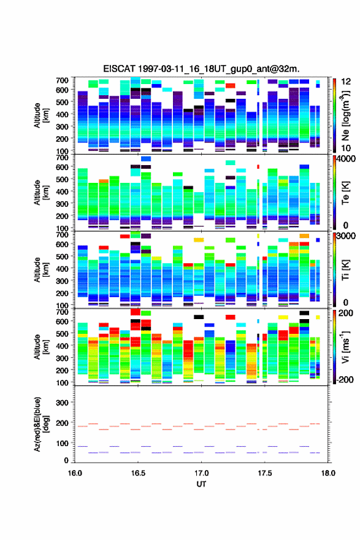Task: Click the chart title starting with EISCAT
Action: point(201,69)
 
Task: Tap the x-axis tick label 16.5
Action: point(138,473)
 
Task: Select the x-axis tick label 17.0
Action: point(201,473)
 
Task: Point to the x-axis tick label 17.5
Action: point(265,473)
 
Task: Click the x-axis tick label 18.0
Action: point(328,473)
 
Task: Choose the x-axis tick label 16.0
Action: point(75,473)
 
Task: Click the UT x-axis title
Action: point(201,484)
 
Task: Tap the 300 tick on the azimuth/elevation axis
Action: point(63,403)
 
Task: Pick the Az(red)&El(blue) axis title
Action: point(40,424)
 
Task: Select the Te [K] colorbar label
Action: point(345,193)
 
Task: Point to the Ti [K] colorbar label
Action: point(345,270)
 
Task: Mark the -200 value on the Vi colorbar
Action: point(345,379)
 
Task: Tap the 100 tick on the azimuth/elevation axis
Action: point(63,443)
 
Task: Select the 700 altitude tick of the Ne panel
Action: point(63,80)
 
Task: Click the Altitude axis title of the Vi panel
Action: point(40,347)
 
